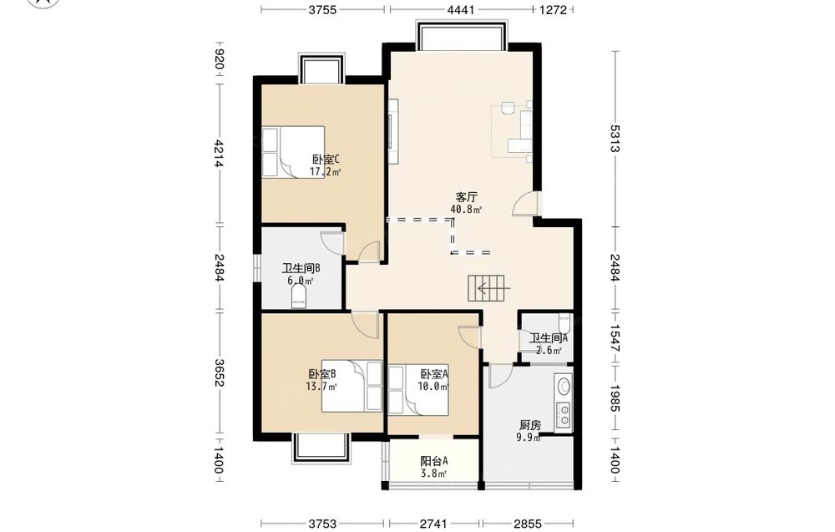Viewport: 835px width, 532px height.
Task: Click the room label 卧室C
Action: click(x=326, y=160)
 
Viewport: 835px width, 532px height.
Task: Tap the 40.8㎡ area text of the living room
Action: click(x=466, y=210)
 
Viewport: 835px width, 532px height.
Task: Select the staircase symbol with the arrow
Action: click(x=488, y=289)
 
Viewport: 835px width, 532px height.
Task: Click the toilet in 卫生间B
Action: click(x=299, y=297)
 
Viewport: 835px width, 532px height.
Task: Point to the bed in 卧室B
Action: click(x=352, y=387)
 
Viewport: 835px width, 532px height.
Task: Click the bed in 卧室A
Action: click(x=418, y=390)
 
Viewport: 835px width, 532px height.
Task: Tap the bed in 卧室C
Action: click(x=293, y=152)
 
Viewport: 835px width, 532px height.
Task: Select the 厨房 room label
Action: click(x=530, y=425)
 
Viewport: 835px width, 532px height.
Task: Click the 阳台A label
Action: click(x=434, y=461)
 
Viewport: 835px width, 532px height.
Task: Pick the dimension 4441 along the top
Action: click(x=461, y=9)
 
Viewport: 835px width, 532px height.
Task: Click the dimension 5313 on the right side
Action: click(x=615, y=139)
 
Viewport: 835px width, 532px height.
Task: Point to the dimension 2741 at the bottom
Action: click(x=433, y=524)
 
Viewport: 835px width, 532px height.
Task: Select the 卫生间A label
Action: click(x=549, y=337)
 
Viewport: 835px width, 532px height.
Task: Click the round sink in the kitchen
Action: click(x=564, y=384)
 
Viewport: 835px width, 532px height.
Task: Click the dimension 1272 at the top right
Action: click(x=554, y=9)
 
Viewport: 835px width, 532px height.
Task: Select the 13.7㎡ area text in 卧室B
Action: click(x=321, y=387)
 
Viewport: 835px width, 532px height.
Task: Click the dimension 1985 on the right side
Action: click(x=615, y=398)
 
